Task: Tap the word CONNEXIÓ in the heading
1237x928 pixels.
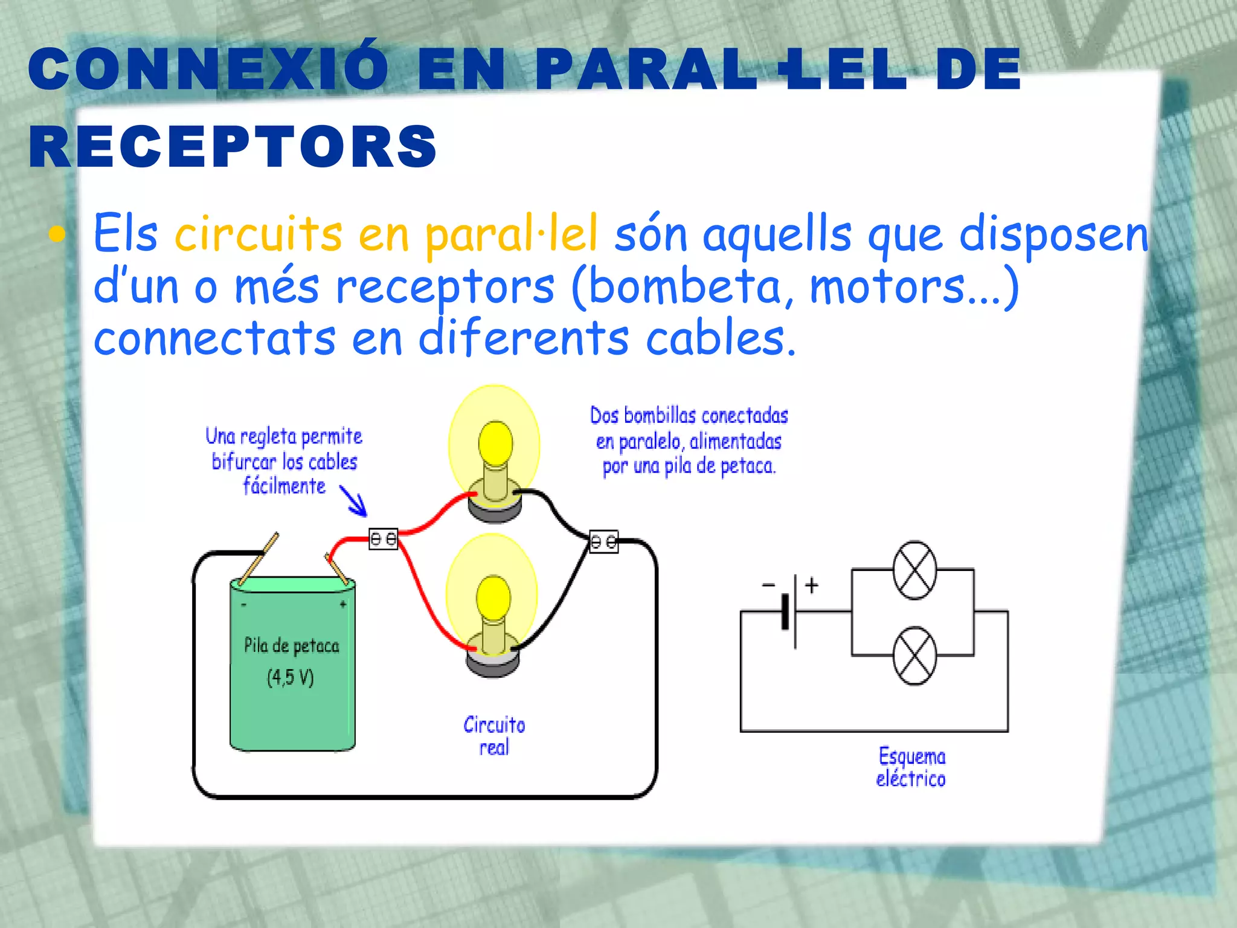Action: (208, 69)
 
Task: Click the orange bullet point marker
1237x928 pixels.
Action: (57, 234)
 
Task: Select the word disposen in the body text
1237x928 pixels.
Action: (1053, 234)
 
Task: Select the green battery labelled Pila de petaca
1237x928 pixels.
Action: (292, 665)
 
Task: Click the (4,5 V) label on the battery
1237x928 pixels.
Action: (291, 677)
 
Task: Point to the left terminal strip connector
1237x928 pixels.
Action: (384, 538)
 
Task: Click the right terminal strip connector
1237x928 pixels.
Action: (604, 541)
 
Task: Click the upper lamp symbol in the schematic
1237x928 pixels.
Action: (915, 570)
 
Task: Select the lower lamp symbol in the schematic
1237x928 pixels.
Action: (915, 656)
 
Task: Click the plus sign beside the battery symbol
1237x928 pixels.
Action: (812, 584)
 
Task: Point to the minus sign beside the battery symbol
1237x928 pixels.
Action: (768, 584)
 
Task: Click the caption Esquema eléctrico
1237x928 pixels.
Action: (911, 767)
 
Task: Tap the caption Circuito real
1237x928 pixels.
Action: (494, 736)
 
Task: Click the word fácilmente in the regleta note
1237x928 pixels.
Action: (284, 486)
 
